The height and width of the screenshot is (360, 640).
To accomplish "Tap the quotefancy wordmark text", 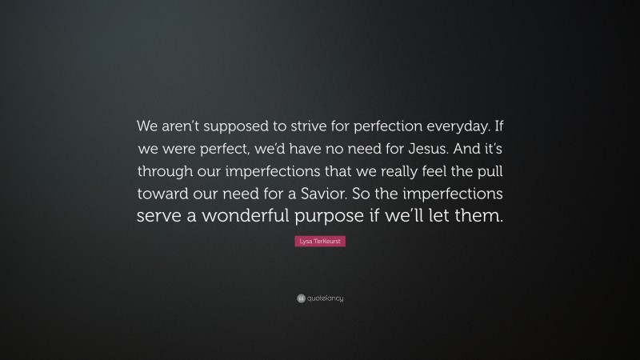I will pos(325,298).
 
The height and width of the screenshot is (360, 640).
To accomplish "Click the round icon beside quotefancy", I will pos(301,298).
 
